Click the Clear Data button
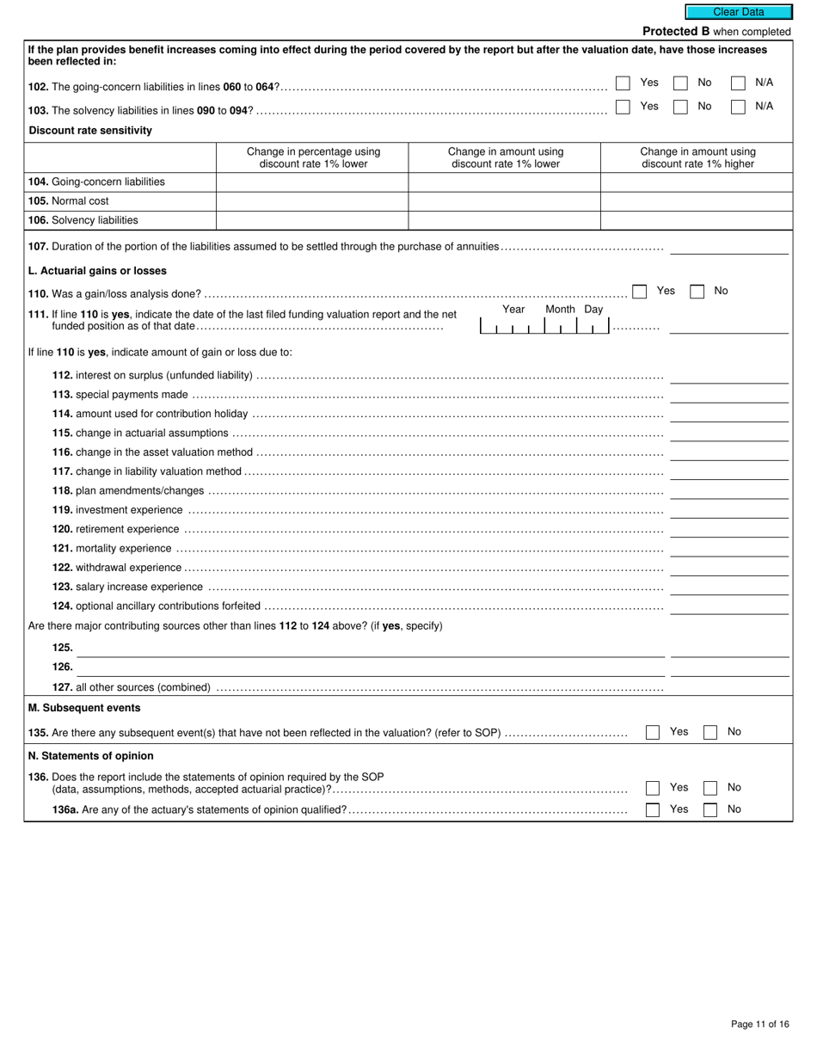point(738,12)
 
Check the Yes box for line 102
point(623,83)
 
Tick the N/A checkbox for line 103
point(738,107)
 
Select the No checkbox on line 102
point(680,83)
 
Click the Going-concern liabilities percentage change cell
point(311,182)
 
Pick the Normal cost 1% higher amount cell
point(697,201)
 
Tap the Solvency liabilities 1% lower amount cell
point(504,220)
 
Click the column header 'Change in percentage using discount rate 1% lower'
point(313,157)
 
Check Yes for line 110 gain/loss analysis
point(639,292)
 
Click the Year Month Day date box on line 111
point(544,326)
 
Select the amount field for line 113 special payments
point(728,395)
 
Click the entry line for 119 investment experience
point(728,510)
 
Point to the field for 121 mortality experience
point(728,549)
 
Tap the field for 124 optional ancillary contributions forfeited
point(728,606)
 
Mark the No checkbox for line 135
point(710,732)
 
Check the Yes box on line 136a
point(653,809)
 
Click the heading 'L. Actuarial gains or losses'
point(97,271)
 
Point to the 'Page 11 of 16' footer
point(759,1024)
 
